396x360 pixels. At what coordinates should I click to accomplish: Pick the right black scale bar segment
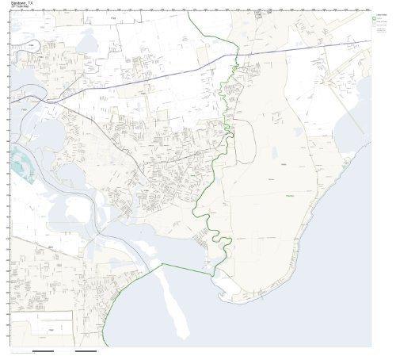coord(85,350)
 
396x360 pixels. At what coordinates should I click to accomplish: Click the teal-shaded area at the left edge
coord(24,167)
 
